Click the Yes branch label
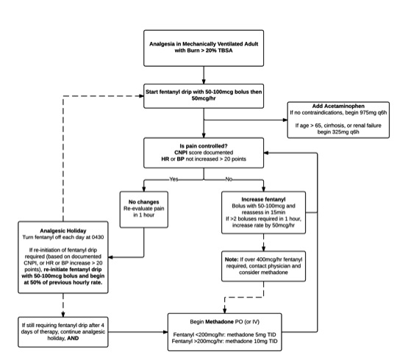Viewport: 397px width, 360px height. tap(174, 178)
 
